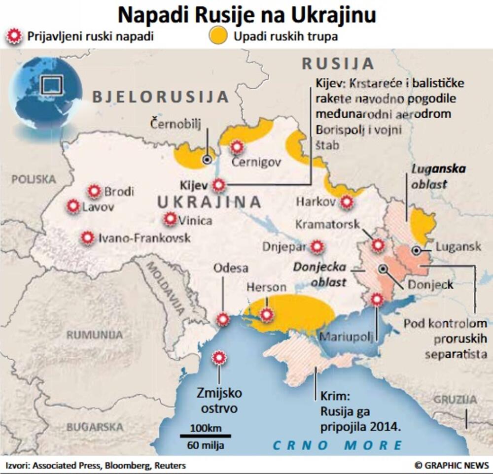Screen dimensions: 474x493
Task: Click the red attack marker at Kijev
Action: [x=219, y=185]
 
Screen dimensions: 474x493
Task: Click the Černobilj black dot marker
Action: [x=207, y=159]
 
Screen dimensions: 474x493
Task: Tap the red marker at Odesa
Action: [x=224, y=319]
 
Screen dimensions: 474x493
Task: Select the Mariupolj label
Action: [x=346, y=337]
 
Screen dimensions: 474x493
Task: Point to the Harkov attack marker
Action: [x=347, y=202]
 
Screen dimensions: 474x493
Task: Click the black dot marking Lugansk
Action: [x=417, y=250]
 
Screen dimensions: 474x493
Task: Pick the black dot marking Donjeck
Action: [x=383, y=269]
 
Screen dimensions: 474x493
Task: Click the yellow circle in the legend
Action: [x=218, y=36]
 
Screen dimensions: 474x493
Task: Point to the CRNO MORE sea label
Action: [x=338, y=445]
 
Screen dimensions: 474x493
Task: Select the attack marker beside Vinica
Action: [x=171, y=219]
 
